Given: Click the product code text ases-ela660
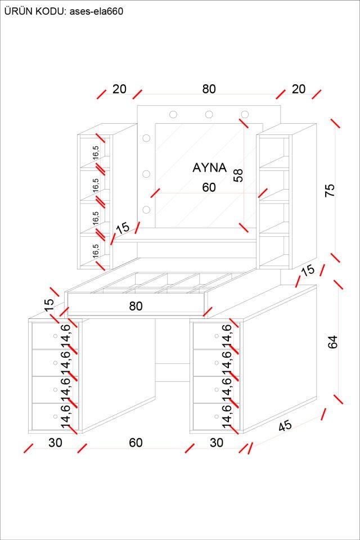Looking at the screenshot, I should (96, 11).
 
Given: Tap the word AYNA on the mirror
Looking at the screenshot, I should (209, 168).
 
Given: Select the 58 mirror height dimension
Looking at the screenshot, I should (238, 175).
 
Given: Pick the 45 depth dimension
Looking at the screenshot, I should (285, 426).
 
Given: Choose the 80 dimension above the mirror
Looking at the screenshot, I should (209, 89).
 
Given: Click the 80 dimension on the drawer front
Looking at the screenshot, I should (136, 306).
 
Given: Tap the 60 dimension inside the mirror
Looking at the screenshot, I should (209, 188).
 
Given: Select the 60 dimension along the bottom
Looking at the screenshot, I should (136, 443).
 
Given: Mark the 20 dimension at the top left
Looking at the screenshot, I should (119, 89).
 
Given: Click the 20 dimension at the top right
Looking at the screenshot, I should (299, 89).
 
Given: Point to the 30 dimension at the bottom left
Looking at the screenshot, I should (55, 443).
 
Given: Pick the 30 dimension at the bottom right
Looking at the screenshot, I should (217, 443).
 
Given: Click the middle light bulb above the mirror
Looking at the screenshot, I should (209, 115).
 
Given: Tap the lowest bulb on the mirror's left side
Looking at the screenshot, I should (147, 210).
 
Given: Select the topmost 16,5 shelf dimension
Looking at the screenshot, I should (96, 152).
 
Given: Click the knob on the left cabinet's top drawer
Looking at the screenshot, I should (55, 336).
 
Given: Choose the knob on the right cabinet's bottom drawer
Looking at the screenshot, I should (217, 416).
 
